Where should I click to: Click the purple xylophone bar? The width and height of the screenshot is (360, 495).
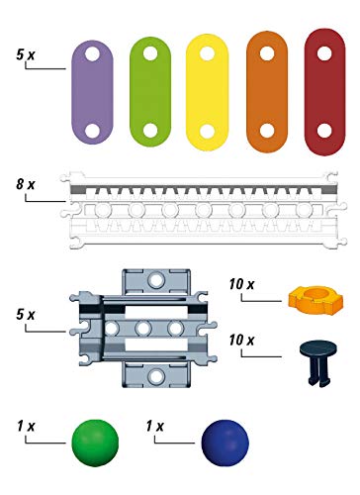pos(92,92)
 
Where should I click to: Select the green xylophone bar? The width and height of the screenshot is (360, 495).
pos(150,92)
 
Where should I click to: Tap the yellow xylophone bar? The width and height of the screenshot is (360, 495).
pos(208,92)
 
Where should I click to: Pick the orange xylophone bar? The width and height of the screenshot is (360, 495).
pos(267,92)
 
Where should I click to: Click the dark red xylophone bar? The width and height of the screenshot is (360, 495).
pos(324,92)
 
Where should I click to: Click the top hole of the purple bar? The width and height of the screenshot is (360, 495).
pos(92,53)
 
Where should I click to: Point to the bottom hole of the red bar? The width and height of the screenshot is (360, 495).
pos(324,131)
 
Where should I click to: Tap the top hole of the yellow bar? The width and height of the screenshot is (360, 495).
pos(208,53)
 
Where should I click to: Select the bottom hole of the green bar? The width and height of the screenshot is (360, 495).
pos(150,131)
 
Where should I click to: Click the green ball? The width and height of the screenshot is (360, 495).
pos(95,443)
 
